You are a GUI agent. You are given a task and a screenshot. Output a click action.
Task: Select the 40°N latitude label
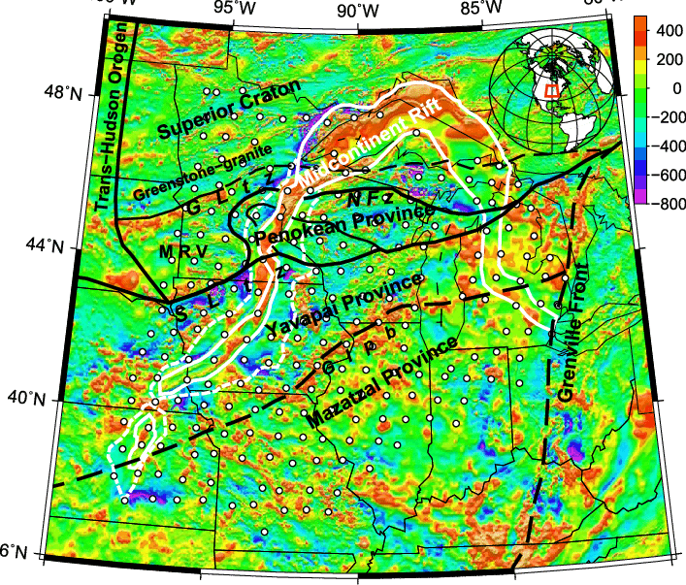29,398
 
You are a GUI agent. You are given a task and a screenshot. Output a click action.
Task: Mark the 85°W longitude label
482,10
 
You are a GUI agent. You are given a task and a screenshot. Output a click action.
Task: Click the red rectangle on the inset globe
550,90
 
